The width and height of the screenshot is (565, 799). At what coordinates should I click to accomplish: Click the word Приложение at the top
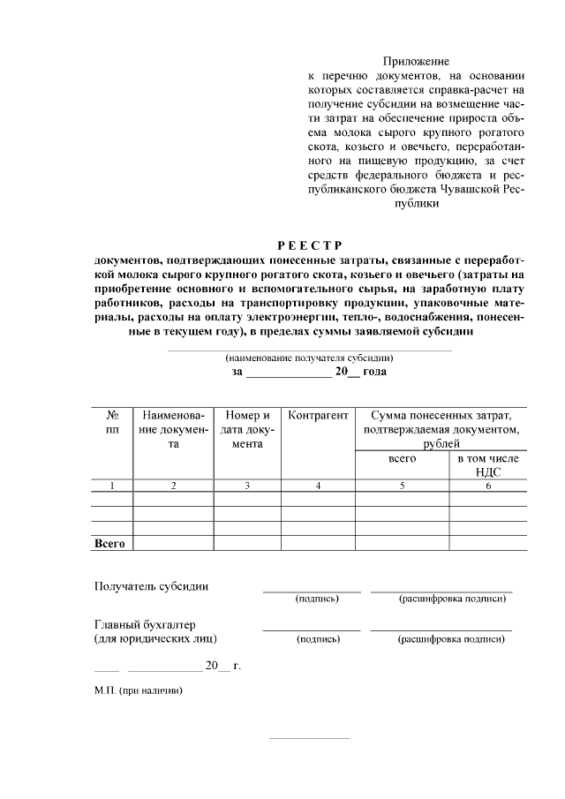(416, 61)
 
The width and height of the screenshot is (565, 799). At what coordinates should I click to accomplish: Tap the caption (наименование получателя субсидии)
(309, 358)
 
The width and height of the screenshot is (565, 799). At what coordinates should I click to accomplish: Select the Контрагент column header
(318, 415)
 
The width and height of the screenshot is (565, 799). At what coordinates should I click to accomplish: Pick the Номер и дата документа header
(248, 429)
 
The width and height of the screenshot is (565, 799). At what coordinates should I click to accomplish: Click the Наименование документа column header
(173, 429)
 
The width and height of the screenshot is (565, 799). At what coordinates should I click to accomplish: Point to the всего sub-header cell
(403, 459)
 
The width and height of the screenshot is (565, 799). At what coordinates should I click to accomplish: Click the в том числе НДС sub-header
(488, 465)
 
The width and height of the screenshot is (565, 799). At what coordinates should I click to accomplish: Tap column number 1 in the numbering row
(112, 486)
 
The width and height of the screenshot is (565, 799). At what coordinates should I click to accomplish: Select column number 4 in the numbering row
(318, 486)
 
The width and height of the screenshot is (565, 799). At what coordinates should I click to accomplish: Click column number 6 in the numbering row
(488, 486)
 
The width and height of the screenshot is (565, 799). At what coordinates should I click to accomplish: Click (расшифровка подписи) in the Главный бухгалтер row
(451, 638)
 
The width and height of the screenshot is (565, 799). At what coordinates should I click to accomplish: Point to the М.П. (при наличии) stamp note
(139, 690)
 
